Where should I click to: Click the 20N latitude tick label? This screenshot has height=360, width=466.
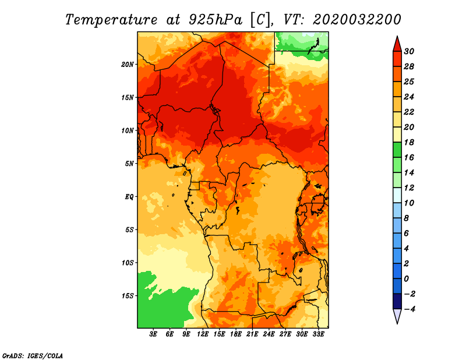point(128,65)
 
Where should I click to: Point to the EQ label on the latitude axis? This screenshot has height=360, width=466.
point(129,197)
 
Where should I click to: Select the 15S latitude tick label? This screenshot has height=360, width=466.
point(128,296)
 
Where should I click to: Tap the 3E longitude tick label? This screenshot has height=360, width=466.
point(153,334)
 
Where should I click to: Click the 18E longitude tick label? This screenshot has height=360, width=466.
point(236,334)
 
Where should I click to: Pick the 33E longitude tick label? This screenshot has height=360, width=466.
point(318,334)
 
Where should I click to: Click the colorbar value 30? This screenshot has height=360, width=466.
point(409,51)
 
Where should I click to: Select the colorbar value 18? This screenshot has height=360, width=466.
point(409,142)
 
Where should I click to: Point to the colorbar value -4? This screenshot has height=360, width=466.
point(409,309)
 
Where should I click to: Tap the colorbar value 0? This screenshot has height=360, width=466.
point(407,279)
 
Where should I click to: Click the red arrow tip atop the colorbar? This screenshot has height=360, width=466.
point(397,36)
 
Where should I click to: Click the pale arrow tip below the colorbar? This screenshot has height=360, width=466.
point(397,323)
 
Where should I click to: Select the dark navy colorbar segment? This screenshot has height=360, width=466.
point(397,301)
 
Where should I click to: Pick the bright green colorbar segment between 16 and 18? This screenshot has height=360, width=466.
point(397,150)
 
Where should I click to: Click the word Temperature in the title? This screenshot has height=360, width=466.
point(111,20)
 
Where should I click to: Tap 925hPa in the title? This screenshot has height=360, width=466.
point(216,20)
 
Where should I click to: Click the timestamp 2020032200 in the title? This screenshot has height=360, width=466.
point(357,20)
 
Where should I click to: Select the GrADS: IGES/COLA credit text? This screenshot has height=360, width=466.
point(33,356)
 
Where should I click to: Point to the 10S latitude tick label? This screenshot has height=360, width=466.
point(128,263)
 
